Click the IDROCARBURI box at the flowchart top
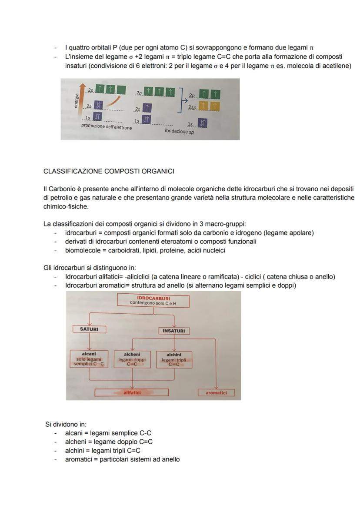pos(153,301)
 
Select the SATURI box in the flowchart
pos(89,329)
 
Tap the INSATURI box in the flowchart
pos(174,331)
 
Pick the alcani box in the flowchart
pos(89,359)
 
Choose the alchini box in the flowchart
pos(173,359)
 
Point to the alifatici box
pos(132,392)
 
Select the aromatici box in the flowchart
pos(216,393)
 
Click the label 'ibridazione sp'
pos(179,131)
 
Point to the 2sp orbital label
pos(193,107)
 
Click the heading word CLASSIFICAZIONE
pos(73,171)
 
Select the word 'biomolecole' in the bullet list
pos(81,250)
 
